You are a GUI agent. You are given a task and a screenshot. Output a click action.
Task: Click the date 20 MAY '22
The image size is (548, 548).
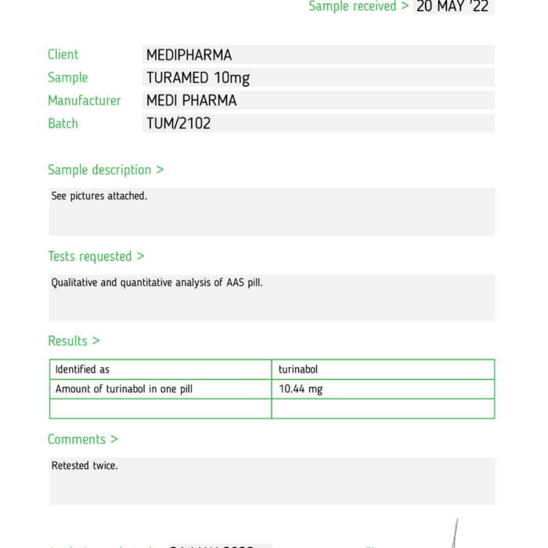pos(453,6)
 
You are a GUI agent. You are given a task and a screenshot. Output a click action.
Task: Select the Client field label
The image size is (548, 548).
pos(63,55)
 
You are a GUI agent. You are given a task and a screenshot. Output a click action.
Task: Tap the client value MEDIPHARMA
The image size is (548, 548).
pos(189,55)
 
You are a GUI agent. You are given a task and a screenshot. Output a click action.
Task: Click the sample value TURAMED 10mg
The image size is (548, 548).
pos(198,78)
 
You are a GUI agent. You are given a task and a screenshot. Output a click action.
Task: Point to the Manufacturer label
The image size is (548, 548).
pos(84,100)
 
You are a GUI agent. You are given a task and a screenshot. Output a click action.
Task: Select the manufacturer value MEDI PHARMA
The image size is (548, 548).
pos(191,100)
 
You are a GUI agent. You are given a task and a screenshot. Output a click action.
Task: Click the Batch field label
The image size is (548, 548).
pos(63,123)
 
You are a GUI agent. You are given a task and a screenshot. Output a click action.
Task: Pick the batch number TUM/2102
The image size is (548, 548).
pos(178,123)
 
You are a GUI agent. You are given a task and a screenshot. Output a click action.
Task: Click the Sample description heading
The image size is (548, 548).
pos(106,170)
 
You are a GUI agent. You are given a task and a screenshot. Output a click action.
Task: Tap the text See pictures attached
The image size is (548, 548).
pos(99,196)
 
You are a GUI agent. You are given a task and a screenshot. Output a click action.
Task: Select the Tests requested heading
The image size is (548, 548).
pos(96,256)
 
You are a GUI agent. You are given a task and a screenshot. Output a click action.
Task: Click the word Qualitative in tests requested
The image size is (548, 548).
pos(75,283)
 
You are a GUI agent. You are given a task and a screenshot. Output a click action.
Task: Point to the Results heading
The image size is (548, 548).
pos(74,341)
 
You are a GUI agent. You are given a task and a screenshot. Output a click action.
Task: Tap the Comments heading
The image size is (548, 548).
pos(82,439)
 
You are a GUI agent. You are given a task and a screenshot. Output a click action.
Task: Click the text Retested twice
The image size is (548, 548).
pos(85,466)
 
